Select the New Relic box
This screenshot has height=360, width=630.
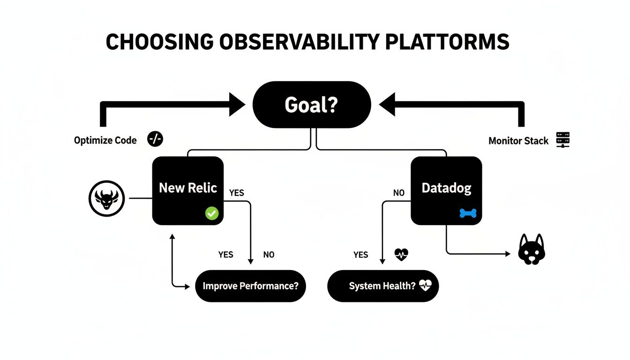[x=188, y=190]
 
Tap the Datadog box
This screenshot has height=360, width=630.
[x=446, y=190]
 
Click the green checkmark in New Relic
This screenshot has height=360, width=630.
[x=212, y=214]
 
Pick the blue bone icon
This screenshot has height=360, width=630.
[x=468, y=214]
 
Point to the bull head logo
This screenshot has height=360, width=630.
[x=106, y=198]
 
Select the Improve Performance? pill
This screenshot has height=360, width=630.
[x=250, y=286]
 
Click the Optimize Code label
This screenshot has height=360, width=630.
[x=105, y=140]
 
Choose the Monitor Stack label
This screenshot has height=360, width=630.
[x=518, y=141]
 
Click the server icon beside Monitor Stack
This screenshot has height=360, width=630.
[x=562, y=140]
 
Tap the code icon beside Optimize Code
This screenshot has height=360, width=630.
[x=155, y=139]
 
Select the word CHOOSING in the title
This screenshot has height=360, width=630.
[x=159, y=43]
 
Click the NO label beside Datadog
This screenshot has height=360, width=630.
[x=398, y=193]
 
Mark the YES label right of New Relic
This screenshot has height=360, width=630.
[x=236, y=193]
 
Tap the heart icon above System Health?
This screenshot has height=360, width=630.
[x=402, y=255]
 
